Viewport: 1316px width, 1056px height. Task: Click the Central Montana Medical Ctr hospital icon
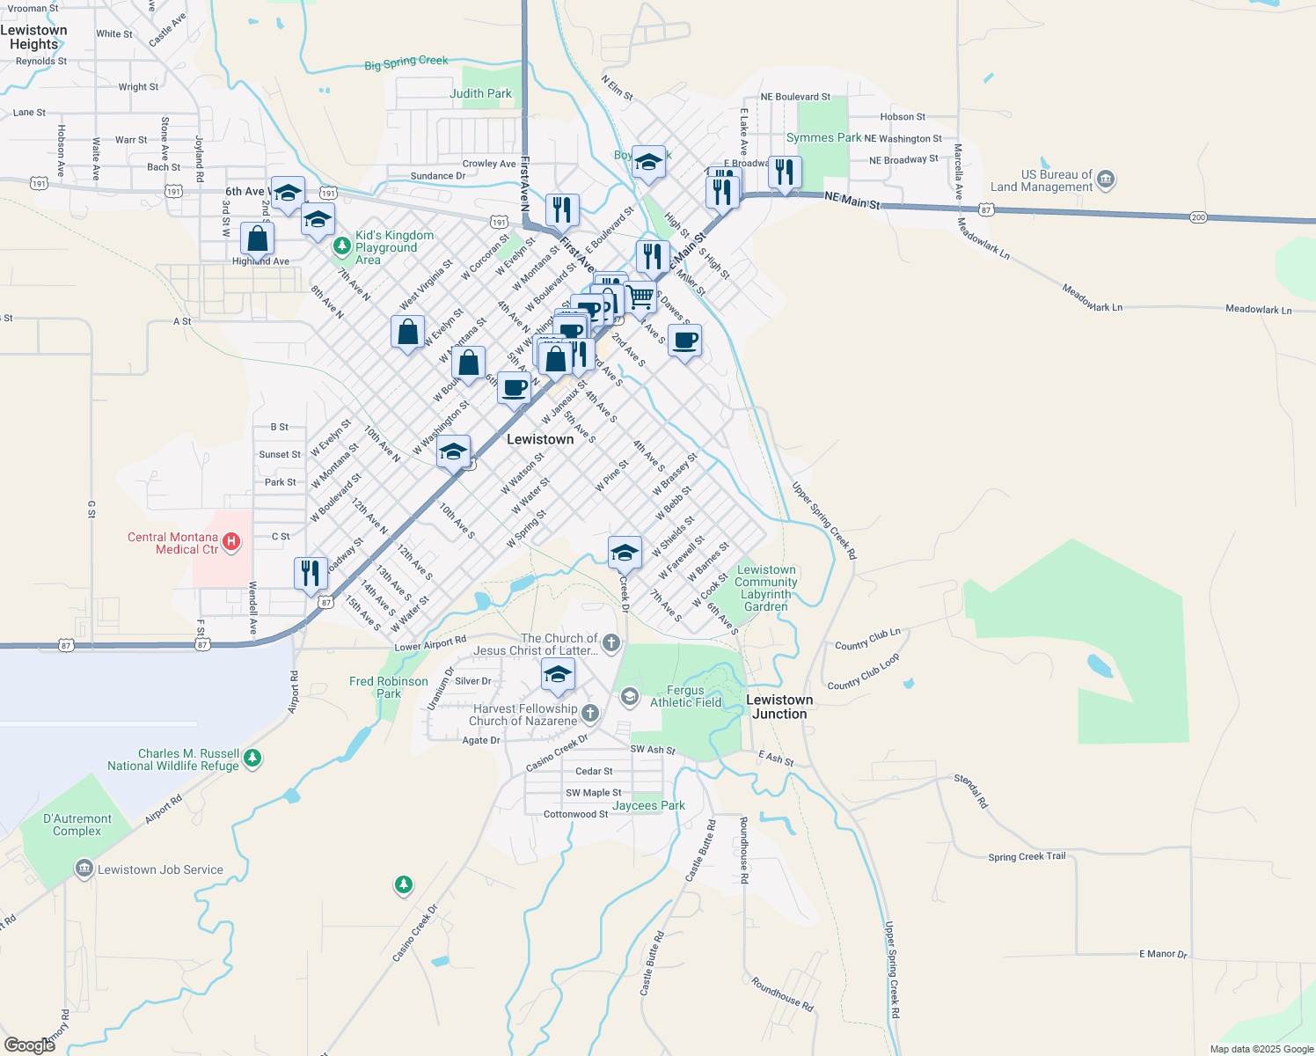[231, 542]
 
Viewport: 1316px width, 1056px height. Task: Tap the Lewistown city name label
[540, 439]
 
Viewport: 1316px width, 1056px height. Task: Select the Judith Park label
[480, 93]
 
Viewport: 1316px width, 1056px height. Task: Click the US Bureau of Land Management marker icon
[1106, 180]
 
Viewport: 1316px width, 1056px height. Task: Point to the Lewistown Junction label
[779, 707]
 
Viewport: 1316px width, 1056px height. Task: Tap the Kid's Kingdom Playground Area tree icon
[342, 247]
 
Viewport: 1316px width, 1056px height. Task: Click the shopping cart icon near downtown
[641, 297]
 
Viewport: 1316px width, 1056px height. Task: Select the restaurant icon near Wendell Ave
[311, 574]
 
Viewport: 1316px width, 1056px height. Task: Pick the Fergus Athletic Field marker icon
[629, 697]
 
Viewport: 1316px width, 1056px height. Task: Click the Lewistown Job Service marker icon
[84, 869]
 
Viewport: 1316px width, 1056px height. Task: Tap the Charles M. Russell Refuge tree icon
[252, 759]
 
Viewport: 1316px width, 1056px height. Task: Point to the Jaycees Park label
[648, 805]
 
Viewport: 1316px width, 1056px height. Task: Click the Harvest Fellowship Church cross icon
[590, 714]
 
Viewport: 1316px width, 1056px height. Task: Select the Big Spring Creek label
[406, 62]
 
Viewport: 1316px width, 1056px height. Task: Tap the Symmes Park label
[823, 137]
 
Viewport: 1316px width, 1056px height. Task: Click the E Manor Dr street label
[1163, 954]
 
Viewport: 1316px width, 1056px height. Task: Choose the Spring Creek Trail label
[1027, 856]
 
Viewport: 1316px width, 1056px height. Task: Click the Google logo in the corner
[30, 1045]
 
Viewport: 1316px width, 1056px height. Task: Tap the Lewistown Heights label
[34, 37]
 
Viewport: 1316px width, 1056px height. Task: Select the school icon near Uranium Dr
[558, 675]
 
